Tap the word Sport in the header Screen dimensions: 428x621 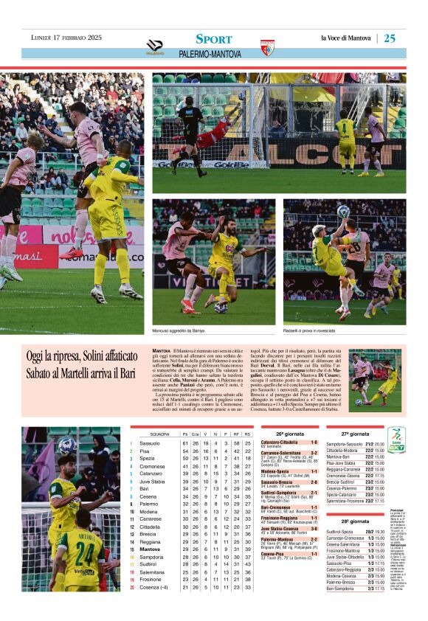pyautogui.click(x=214, y=39)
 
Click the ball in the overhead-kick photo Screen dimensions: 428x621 pyautogui.click(x=343, y=212)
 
